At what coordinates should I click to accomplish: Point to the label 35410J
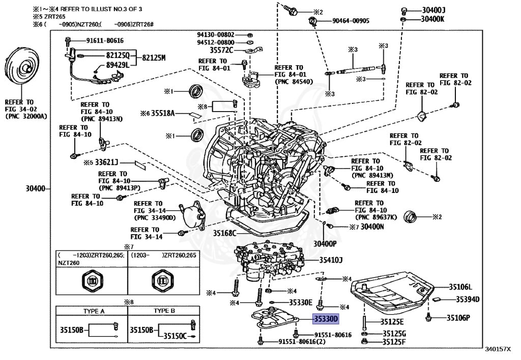tap(331, 260)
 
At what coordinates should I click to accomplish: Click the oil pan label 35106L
tap(460, 287)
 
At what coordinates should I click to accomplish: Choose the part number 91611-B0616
tap(104, 40)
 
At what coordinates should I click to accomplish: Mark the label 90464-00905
tap(351, 21)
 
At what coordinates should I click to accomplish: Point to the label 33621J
tap(106, 162)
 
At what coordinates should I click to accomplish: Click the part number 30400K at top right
tap(432, 19)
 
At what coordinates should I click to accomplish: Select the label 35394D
tap(467, 299)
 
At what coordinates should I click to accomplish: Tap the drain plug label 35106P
tap(458, 318)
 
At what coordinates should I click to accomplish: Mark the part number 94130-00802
tap(216, 34)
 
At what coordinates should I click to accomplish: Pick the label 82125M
tap(154, 58)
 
